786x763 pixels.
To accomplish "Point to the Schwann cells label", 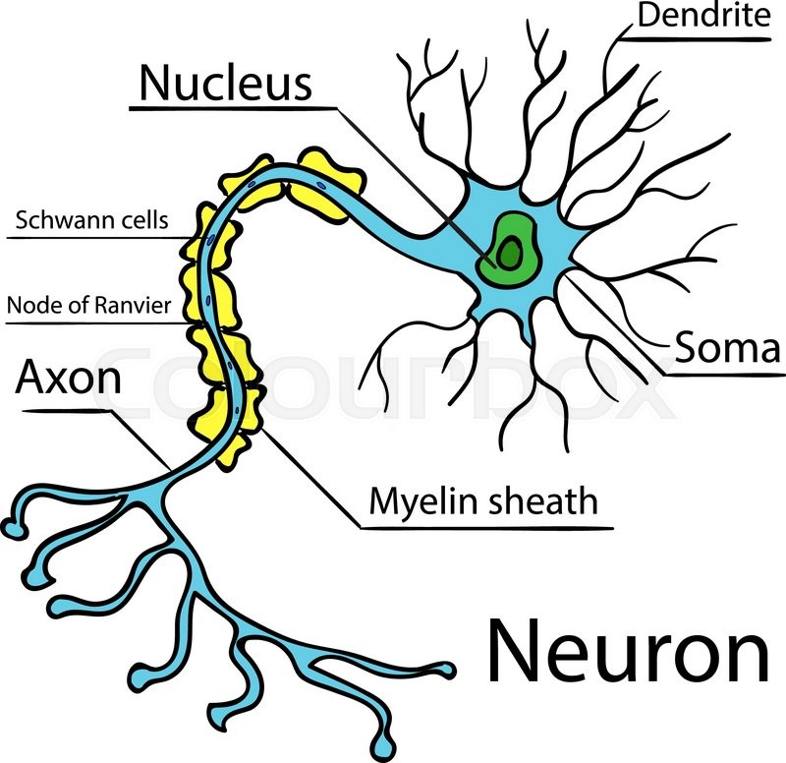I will [91, 219].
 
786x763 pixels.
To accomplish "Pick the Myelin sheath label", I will [482, 501].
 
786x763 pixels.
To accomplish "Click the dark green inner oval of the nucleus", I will [508, 256].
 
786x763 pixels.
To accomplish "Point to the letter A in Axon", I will [30, 377].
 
